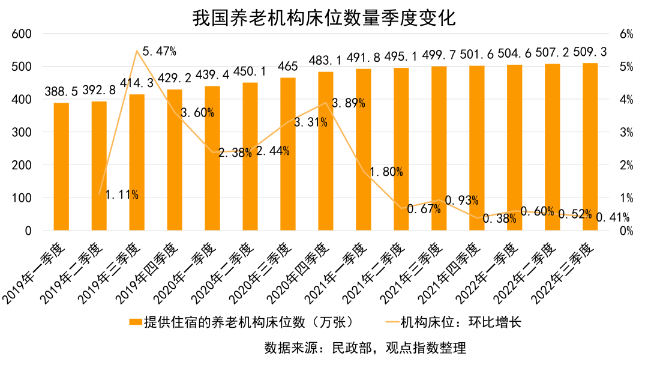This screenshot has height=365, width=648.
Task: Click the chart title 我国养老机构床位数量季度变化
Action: pos(324,17)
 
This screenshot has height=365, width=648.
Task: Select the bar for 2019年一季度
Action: pos(61,167)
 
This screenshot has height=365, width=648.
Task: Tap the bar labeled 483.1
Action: pos(325,151)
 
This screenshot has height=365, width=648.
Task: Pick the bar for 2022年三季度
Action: pos(590,147)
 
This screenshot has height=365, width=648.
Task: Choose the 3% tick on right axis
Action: pos(626,132)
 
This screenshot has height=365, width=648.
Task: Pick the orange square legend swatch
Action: pos(136,322)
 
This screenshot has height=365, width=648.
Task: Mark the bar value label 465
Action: pos(288,66)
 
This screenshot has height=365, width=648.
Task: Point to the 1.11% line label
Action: pos(122,195)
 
